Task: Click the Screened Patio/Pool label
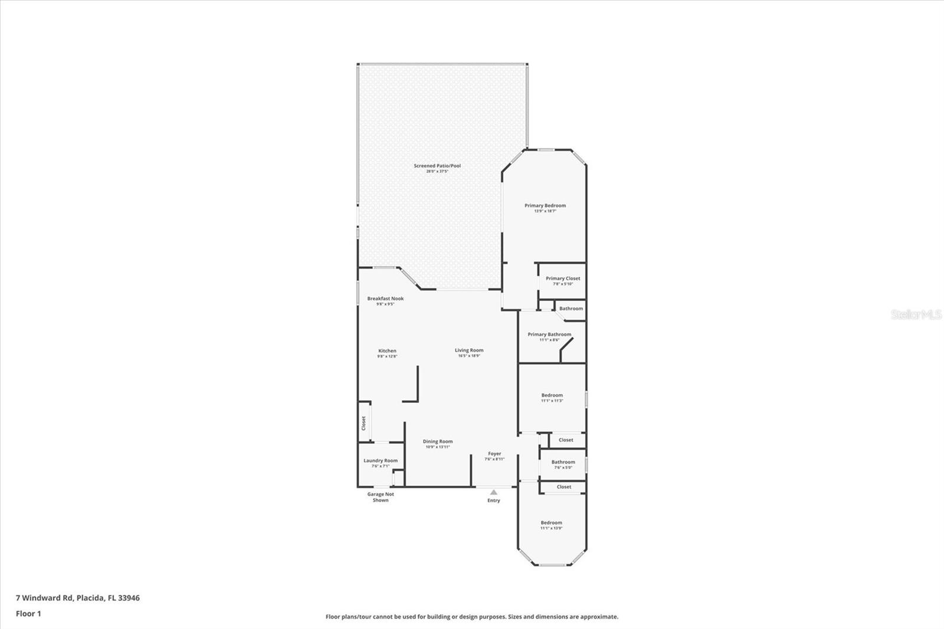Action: [437, 166]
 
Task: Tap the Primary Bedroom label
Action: [545, 206]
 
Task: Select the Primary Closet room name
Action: [563, 279]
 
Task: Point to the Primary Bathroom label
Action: [549, 335]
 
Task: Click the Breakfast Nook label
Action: [385, 299]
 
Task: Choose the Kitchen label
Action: [387, 351]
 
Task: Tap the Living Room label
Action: [469, 350]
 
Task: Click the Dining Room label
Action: [438, 441]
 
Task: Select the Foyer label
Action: [494, 454]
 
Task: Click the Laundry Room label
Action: [381, 461]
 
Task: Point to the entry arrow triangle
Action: [494, 492]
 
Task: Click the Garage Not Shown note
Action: [381, 497]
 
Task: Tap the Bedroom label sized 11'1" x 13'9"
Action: [552, 523]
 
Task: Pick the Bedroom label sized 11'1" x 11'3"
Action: [552, 395]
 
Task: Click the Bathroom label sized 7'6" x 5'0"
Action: [563, 462]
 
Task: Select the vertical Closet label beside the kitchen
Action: [363, 423]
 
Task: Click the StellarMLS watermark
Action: [916, 314]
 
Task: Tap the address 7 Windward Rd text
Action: [78, 598]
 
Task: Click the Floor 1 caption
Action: [28, 614]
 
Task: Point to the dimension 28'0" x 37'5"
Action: [437, 171]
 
